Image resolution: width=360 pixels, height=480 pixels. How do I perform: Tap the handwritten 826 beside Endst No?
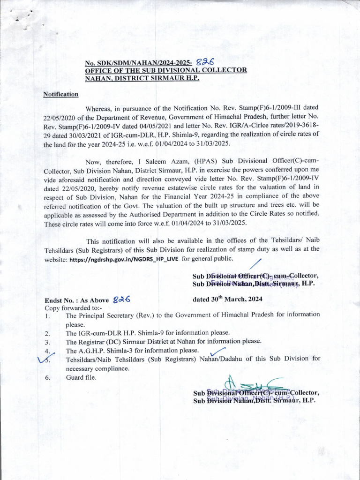[121, 299]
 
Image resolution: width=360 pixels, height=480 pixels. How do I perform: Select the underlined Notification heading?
[61, 94]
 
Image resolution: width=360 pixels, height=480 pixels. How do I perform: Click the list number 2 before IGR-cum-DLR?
[47, 333]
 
